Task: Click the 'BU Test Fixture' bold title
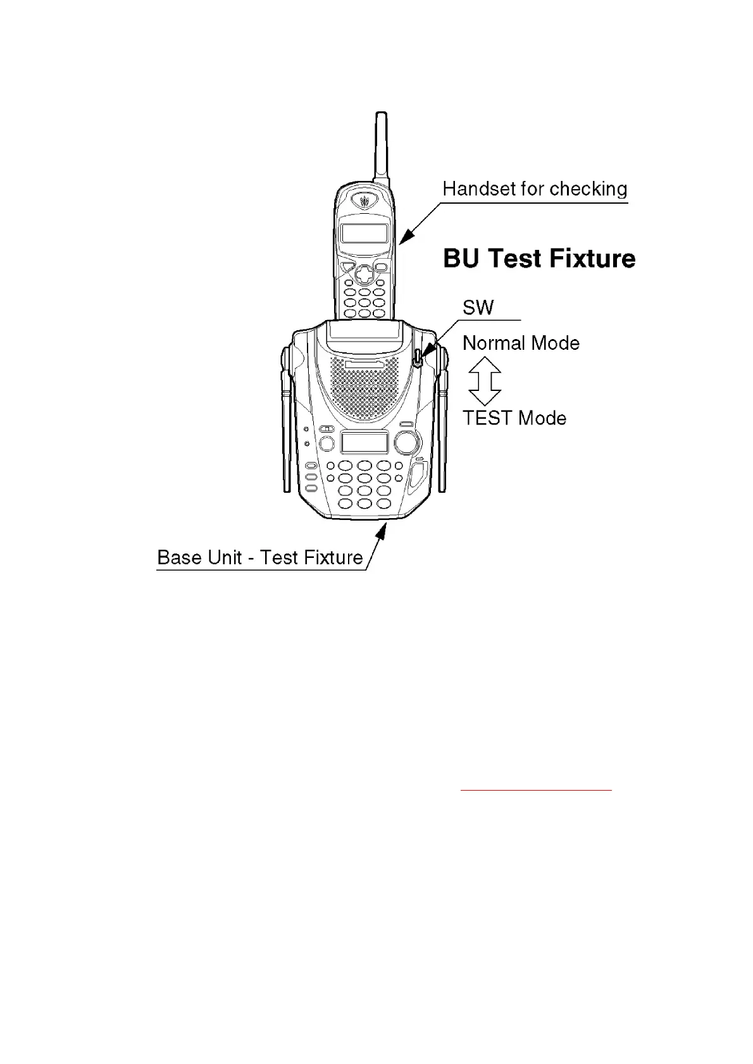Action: [539, 259]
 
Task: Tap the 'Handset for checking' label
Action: [535, 189]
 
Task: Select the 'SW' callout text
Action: [478, 308]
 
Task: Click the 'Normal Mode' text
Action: [521, 343]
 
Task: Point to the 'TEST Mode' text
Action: [514, 418]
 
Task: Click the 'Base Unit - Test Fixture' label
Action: [260, 557]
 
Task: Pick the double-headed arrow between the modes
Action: [485, 381]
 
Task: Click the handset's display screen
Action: [364, 233]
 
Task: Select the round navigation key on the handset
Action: [364, 273]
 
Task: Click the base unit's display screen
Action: [364, 442]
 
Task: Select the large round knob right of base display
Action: [407, 442]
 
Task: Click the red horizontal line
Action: [536, 790]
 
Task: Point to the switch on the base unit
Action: [418, 357]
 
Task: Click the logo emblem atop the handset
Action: [364, 201]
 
